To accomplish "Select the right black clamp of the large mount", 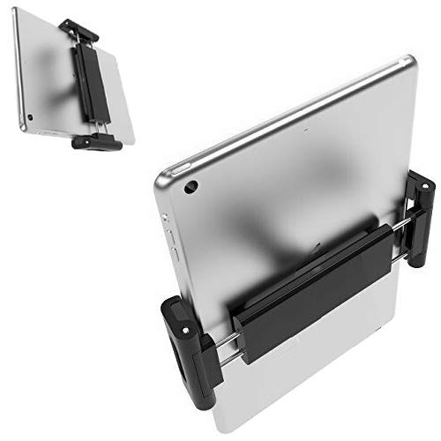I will pos(421,205).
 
